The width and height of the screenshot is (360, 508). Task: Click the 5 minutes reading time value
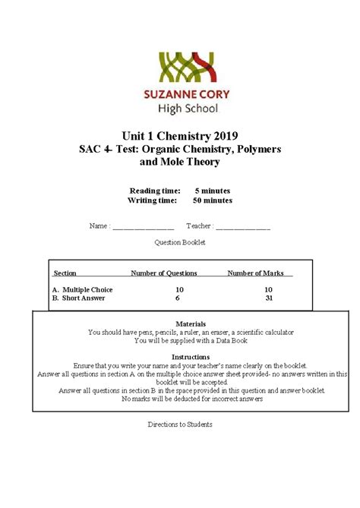pyautogui.click(x=212, y=190)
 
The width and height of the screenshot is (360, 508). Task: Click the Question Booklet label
pyautogui.click(x=180, y=242)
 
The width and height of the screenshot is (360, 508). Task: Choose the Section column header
pyautogui.click(x=65, y=273)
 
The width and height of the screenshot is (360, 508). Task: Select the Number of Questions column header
pyautogui.click(x=163, y=273)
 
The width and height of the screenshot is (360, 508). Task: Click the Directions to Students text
pyautogui.click(x=180, y=424)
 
